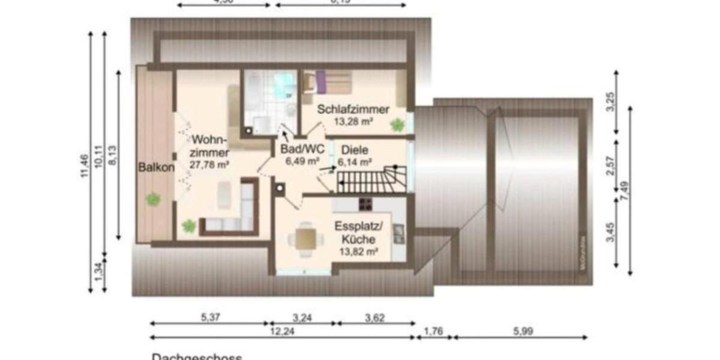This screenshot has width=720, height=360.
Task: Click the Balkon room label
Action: [x=157, y=167]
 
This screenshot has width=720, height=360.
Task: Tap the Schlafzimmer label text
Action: [x=353, y=110]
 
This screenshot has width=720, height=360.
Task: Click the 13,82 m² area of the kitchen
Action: [x=358, y=252]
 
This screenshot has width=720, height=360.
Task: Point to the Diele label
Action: [x=356, y=150]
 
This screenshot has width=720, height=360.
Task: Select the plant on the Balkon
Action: [x=154, y=199]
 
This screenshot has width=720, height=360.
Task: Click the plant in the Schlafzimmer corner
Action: [x=397, y=125]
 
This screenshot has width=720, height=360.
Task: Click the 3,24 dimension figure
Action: [x=302, y=317]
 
